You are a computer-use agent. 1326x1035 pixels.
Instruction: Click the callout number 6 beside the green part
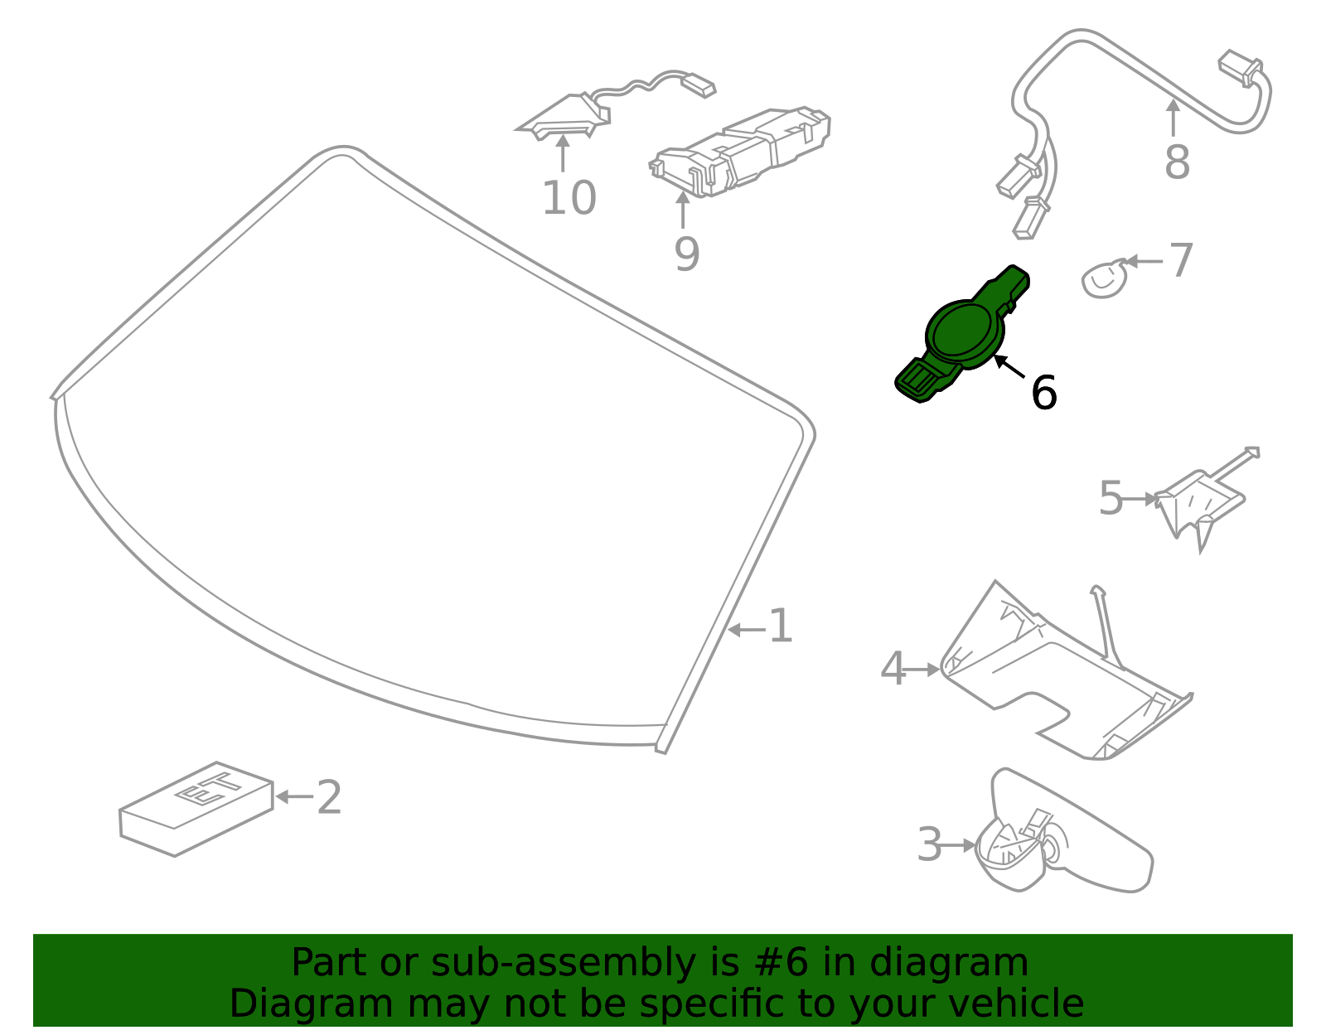tap(1043, 392)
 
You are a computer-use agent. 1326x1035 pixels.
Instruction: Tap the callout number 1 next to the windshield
tap(780, 626)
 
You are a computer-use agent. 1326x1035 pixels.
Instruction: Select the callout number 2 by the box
tap(329, 796)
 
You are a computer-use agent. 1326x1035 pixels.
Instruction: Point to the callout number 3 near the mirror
tap(929, 844)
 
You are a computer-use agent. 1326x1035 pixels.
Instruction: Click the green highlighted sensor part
tap(962, 334)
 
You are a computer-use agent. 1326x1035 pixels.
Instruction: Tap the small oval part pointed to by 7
tap(1103, 279)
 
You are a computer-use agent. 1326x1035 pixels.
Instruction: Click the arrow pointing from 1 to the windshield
tap(747, 630)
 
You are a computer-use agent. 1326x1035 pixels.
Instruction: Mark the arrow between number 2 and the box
tap(294, 796)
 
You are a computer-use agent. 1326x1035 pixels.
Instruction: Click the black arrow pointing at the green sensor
tap(1009, 366)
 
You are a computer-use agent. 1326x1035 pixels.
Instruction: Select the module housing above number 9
tap(739, 152)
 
